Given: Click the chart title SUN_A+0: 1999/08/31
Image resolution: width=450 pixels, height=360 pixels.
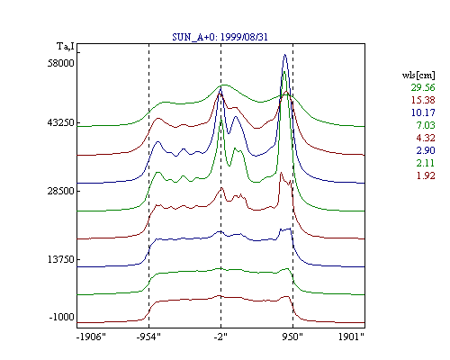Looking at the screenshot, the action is coord(220,37).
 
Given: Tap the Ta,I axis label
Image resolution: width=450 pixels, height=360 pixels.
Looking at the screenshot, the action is coord(66,47).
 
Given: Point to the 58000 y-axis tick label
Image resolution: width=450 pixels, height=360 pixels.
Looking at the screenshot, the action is coord(61,63).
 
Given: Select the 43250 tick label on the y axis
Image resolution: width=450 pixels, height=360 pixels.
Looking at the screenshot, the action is coord(61,122).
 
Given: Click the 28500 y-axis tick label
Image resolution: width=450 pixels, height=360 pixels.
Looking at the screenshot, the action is coord(61,191).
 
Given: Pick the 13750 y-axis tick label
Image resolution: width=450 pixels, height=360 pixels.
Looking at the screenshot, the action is coord(61,259).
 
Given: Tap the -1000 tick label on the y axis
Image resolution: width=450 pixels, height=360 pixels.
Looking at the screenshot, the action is coord(62,317).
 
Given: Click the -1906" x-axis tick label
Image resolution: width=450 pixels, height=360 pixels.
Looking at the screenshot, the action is coord(91,337).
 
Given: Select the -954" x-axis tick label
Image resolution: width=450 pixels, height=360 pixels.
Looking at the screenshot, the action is coord(148,337).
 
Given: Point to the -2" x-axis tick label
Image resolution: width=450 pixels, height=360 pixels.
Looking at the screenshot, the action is coord(220,337).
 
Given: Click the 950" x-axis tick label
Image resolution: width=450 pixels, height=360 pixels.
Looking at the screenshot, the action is coord(292,337).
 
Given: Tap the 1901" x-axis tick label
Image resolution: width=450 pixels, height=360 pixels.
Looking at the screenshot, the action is coord(351,337).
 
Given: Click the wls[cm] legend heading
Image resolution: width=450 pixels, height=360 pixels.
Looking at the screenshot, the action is coord(418,76).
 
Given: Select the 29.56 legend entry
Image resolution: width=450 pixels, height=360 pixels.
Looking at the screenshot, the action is coord(423,87).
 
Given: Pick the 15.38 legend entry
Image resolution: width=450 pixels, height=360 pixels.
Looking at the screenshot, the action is coord(423,100).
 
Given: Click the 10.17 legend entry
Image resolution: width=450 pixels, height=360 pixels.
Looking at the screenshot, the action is coord(423,112).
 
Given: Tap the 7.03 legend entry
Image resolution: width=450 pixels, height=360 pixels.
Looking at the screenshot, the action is coord(426,125).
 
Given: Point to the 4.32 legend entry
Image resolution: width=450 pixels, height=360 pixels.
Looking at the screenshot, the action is coord(426,138).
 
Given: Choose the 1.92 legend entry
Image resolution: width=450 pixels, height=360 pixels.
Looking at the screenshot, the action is coord(426,175).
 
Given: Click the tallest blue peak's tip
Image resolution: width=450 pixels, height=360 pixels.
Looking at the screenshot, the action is coord(284,55).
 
